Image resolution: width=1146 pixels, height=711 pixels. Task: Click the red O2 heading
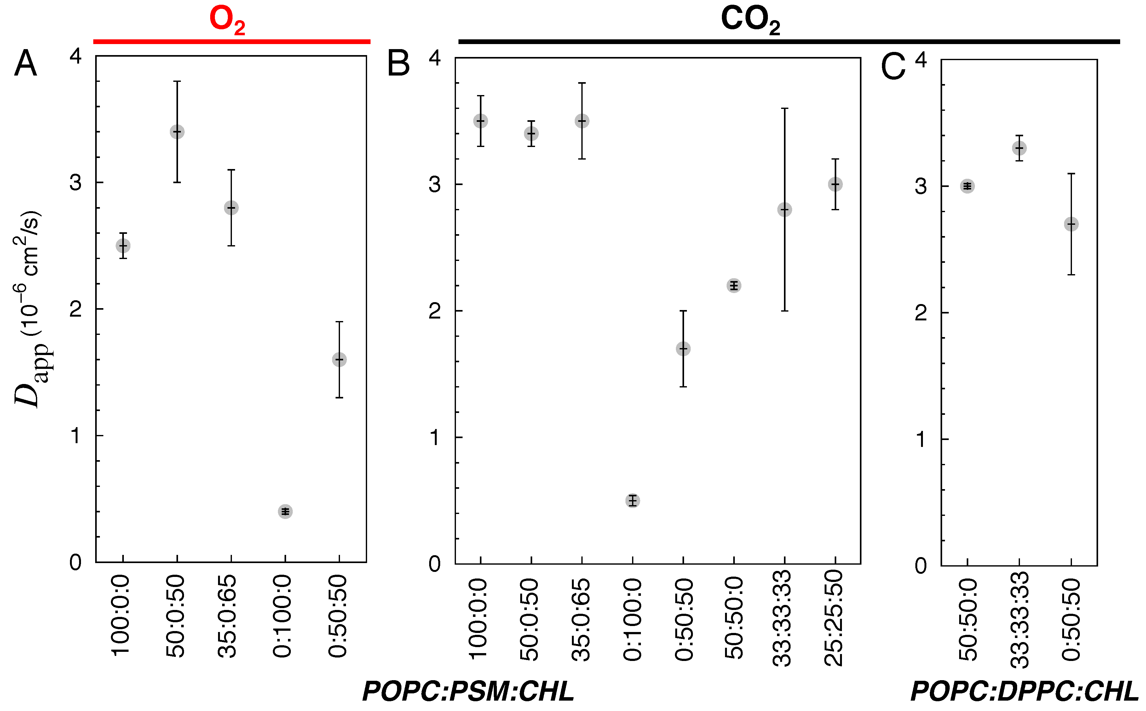pyautogui.click(x=227, y=21)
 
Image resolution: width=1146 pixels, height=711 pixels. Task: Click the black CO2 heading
pyautogui.click(x=750, y=21)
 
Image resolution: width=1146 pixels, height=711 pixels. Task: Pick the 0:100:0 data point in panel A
pyautogui.click(x=285, y=511)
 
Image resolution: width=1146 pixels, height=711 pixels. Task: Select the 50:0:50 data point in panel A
pyautogui.click(x=177, y=132)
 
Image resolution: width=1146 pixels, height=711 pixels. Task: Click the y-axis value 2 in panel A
pyautogui.click(x=75, y=309)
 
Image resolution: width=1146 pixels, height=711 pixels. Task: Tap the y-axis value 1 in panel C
pyautogui.click(x=921, y=439)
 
